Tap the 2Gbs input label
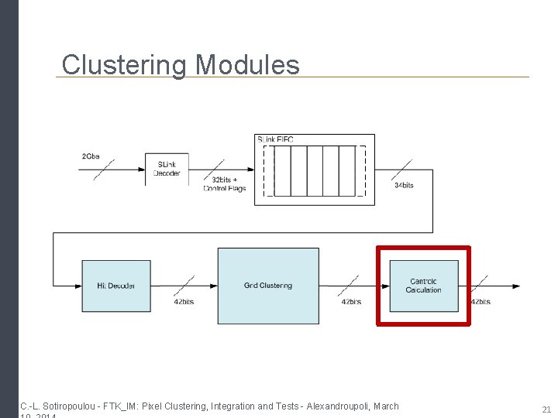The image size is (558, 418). (x=91, y=156)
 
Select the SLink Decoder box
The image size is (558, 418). (x=167, y=170)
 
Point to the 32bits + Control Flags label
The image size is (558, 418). (x=225, y=184)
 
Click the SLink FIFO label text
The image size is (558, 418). (x=275, y=139)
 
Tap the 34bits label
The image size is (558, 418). (x=404, y=185)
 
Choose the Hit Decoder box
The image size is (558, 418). (x=116, y=286)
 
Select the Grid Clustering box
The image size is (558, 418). (x=267, y=286)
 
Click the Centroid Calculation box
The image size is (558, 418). (x=423, y=286)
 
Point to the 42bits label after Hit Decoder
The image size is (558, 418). (x=184, y=302)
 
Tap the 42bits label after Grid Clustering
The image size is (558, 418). (x=351, y=302)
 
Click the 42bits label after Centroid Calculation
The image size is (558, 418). (x=480, y=302)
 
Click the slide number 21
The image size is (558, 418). (x=546, y=409)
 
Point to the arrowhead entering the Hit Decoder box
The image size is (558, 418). (x=78, y=286)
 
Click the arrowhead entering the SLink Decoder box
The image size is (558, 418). (x=142, y=170)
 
